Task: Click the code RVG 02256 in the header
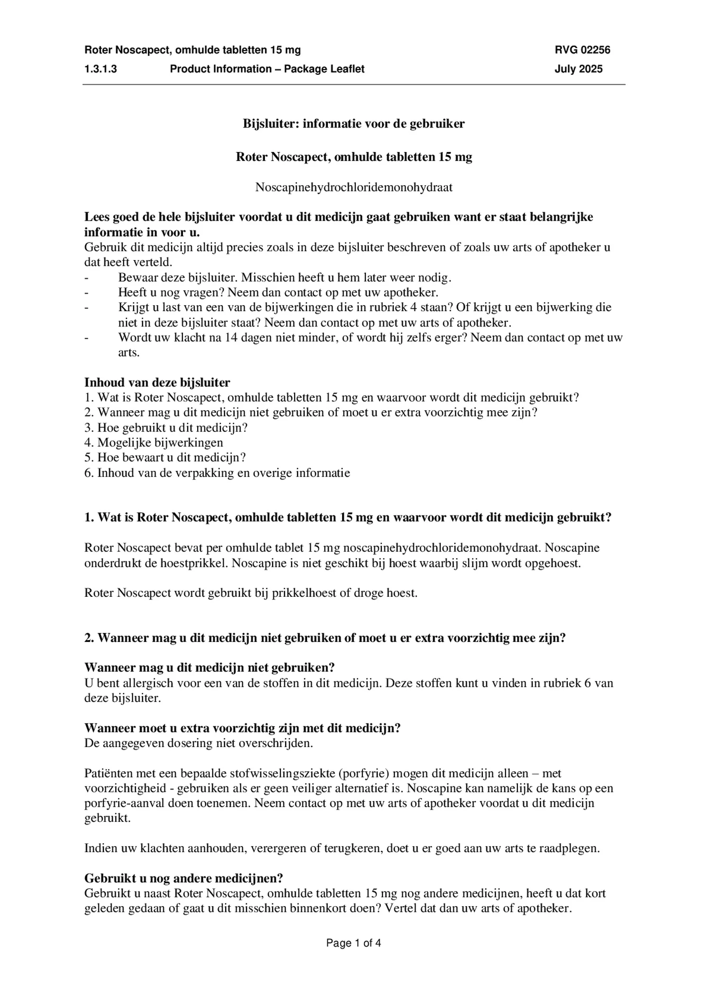(582, 50)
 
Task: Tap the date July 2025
(578, 69)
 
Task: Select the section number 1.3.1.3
(100, 69)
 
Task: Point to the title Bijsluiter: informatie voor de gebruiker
(354, 124)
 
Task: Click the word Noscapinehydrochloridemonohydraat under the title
(354, 187)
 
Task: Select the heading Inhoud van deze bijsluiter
(157, 382)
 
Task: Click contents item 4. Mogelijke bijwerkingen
(154, 442)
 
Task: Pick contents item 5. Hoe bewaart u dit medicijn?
(165, 458)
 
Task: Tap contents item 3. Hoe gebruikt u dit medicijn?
(166, 427)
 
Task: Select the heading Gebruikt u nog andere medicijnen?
(183, 878)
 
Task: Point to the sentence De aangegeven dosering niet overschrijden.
(199, 743)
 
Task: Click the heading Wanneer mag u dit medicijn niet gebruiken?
(209, 667)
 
